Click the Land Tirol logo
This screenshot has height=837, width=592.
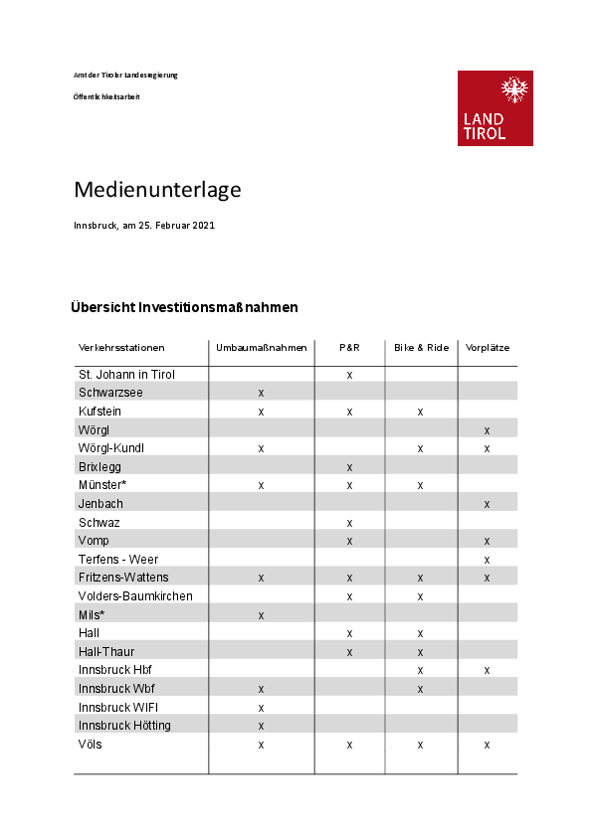[x=494, y=108]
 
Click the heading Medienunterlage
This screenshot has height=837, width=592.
[x=157, y=189]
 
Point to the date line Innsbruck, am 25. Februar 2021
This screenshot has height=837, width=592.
[x=144, y=226]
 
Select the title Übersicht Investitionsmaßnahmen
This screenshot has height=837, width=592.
[x=184, y=307]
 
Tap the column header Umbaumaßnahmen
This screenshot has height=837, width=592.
[x=262, y=348]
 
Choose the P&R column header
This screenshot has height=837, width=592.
[x=349, y=348]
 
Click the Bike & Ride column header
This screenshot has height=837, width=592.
[x=421, y=348]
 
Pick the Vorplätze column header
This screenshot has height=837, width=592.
[x=488, y=348]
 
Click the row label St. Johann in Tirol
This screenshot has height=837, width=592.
[x=126, y=375]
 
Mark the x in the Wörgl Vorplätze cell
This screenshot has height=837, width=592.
[x=487, y=430]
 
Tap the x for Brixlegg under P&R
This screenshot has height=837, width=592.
[x=349, y=467]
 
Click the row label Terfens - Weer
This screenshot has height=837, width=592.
[x=118, y=560]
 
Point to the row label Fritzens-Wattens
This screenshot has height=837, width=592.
[x=123, y=578]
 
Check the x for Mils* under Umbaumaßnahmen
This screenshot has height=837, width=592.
[x=261, y=615]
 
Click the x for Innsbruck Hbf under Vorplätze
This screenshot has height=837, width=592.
[x=487, y=670]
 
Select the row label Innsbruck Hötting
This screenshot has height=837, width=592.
[x=124, y=726]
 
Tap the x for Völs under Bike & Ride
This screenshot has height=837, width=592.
[x=421, y=744]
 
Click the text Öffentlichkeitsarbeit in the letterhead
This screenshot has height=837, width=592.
[x=106, y=96]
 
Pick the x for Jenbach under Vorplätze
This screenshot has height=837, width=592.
[x=487, y=504]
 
